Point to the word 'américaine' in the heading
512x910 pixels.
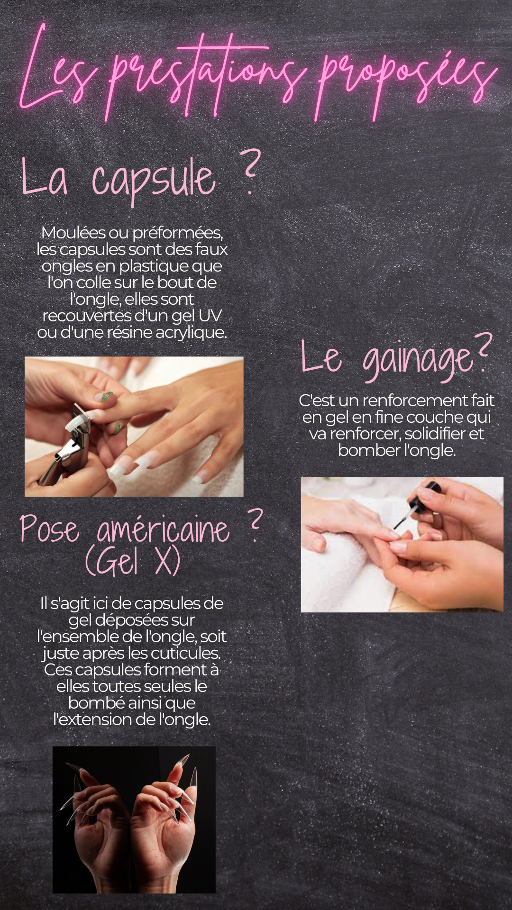pyautogui.click(x=163, y=529)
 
